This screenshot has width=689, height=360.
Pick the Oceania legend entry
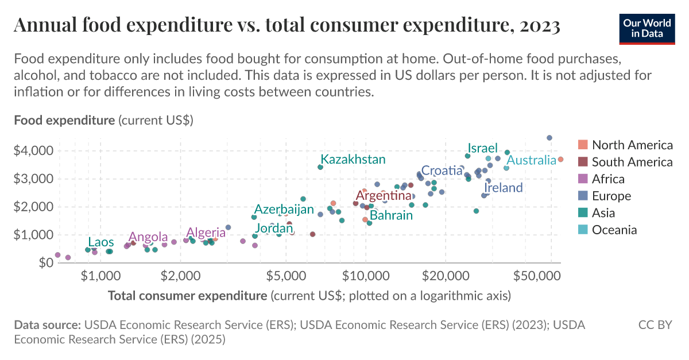point(614,230)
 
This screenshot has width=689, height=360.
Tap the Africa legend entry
point(608,179)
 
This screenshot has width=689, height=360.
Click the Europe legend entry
point(611,196)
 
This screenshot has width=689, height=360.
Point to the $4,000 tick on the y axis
point(33,151)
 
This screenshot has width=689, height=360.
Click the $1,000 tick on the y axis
point(33,235)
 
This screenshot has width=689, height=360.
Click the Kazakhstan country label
point(353,159)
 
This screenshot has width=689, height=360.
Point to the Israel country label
point(482,148)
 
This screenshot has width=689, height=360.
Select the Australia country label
point(531,160)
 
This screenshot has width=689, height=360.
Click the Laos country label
point(100,242)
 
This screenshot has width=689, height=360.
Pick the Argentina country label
point(384,196)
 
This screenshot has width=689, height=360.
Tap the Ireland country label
point(504,188)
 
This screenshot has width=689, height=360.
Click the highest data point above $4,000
point(549,138)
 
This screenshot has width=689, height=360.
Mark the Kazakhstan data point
point(320,167)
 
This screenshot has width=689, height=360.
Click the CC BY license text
point(655,325)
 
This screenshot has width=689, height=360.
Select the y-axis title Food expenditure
point(64,121)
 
